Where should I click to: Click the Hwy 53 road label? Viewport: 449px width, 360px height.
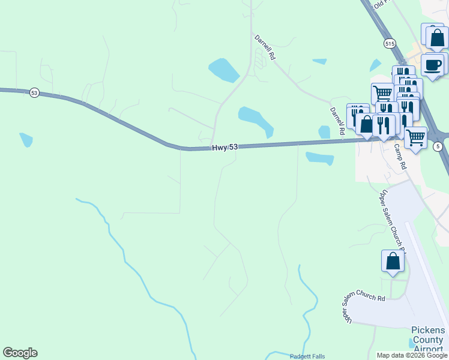pyautogui.click(x=223, y=148)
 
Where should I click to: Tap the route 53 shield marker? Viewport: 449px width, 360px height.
pyautogui.click(x=34, y=93)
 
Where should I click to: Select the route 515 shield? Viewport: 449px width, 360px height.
pyautogui.click(x=390, y=44)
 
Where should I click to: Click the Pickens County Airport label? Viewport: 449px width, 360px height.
pyautogui.click(x=428, y=340)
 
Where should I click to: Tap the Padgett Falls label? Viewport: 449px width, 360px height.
pyautogui.click(x=307, y=356)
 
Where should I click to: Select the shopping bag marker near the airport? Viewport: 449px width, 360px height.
pyautogui.click(x=393, y=262)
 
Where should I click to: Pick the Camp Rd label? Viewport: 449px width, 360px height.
pyautogui.click(x=400, y=156)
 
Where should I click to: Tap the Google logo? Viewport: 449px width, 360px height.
pyautogui.click(x=20, y=353)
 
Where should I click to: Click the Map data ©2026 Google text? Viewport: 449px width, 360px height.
pyautogui.click(x=412, y=355)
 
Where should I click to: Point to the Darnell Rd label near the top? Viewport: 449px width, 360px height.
pyautogui.click(x=264, y=47)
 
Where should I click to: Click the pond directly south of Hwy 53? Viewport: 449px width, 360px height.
pyautogui.click(x=319, y=158)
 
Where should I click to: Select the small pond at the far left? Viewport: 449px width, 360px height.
pyautogui.click(x=26, y=140)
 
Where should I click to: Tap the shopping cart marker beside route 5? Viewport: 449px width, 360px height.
pyautogui.click(x=415, y=137)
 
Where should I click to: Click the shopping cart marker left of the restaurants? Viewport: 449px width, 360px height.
pyautogui.click(x=382, y=93)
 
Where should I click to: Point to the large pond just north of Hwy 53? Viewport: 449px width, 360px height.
pyautogui.click(x=255, y=120)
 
